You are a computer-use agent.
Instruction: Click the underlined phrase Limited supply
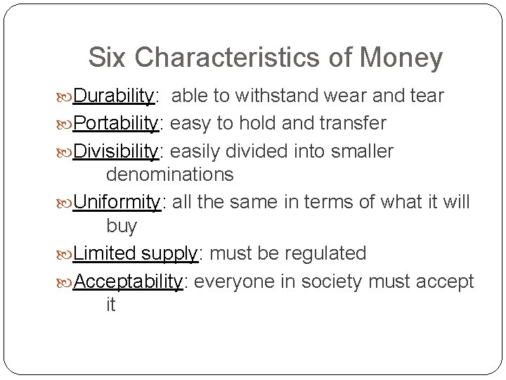coord(137,253)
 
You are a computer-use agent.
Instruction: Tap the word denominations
coord(169,174)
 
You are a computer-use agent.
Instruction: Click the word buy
coord(121,227)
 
